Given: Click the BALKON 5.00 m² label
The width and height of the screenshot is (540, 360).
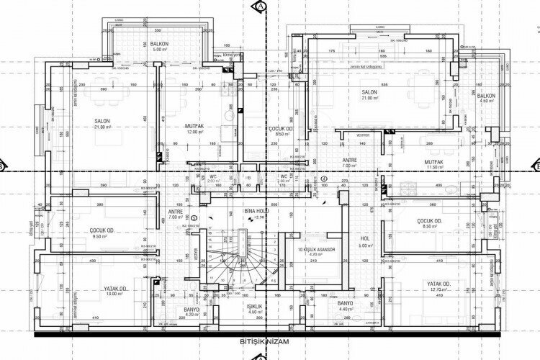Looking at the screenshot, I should pos(158,47).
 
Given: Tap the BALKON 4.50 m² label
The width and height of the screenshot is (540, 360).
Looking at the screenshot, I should pos(486,98).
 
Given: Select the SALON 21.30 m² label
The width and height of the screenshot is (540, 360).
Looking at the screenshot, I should pos(101,124).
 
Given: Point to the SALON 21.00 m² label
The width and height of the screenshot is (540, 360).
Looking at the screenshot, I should pos(371,96).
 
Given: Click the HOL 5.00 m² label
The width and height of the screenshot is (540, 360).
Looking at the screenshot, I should pos(365,242).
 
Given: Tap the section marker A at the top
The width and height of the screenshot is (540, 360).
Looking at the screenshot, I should pos(261,6).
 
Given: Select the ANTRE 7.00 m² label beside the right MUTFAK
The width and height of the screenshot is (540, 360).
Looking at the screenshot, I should pos(349,163).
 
